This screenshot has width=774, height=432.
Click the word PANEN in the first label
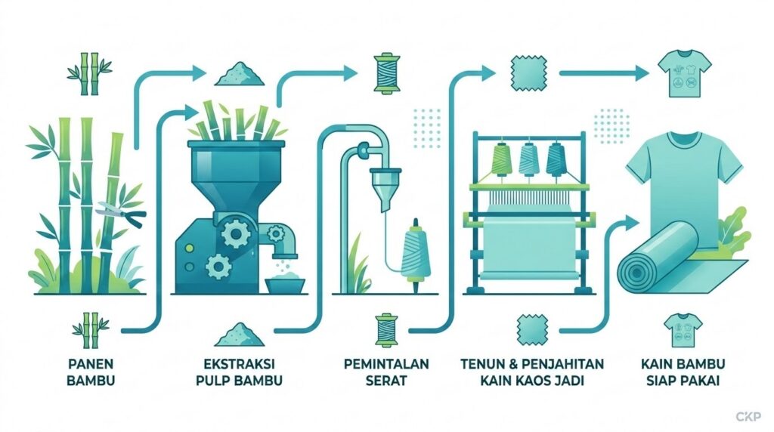[91, 364]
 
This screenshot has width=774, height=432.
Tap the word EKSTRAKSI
[239, 364]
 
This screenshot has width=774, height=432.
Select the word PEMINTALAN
[386, 364]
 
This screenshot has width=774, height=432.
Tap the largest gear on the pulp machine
[235, 233]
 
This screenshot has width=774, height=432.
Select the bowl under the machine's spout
[285, 285]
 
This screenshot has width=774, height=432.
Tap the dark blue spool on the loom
[556, 159]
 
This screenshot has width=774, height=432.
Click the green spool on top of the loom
[502, 159]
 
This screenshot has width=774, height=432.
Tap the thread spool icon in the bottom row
[386, 329]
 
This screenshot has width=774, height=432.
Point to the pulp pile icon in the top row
[240, 73]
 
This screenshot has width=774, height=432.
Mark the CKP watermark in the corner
[748, 417]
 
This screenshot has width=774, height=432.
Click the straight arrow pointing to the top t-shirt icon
[604, 73]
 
